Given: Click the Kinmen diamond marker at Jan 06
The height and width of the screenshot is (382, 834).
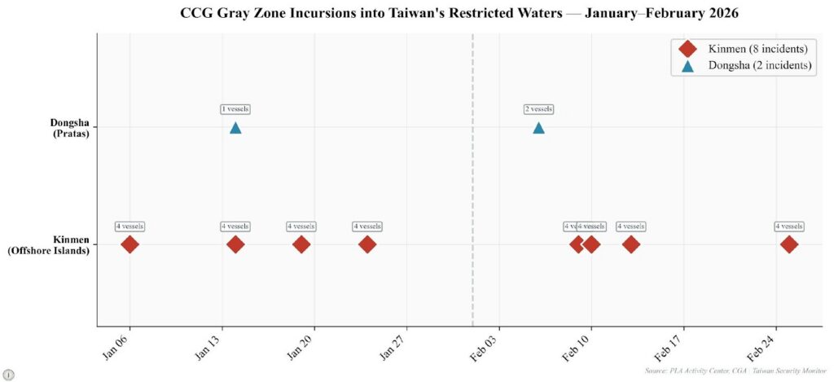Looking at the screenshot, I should click(x=129, y=244).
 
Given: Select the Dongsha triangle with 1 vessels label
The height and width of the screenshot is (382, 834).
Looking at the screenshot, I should click(x=235, y=128).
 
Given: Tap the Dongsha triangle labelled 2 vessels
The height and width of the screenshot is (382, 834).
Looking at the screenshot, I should click(x=538, y=128).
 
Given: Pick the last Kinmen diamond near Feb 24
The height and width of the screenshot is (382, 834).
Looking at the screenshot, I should click(x=788, y=244).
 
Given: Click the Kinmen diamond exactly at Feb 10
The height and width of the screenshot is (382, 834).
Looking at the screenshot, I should click(x=591, y=244).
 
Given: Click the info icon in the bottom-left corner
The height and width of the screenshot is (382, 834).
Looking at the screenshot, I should click(x=9, y=374).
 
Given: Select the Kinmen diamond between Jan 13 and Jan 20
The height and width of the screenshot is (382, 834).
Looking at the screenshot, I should click(x=301, y=244).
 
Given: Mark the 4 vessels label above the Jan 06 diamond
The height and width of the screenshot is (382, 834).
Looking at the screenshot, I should click(x=129, y=226).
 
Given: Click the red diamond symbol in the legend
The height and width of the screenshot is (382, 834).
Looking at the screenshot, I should click(x=688, y=49).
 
